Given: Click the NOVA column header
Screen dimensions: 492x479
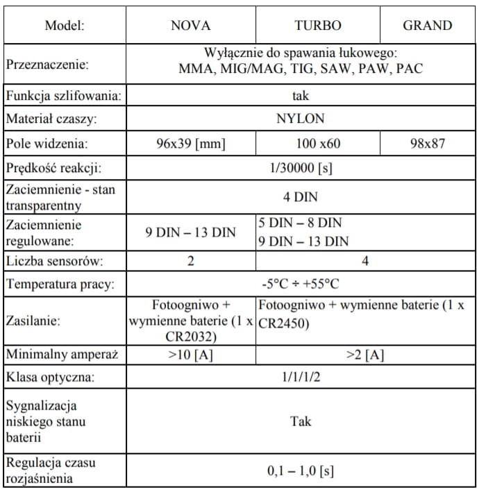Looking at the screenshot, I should pyautogui.click(x=190, y=26).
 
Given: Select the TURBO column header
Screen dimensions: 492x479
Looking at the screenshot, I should pyautogui.click(x=318, y=26).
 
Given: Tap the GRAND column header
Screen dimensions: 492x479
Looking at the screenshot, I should pyautogui.click(x=428, y=26).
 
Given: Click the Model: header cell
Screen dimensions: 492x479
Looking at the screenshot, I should pyautogui.click(x=65, y=26).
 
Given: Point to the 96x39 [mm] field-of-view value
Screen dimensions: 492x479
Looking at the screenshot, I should pyautogui.click(x=190, y=144).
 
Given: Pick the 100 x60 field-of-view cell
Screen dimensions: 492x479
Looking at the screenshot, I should pyautogui.click(x=318, y=144).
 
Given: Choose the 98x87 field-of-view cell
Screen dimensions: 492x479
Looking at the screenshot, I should pyautogui.click(x=428, y=144).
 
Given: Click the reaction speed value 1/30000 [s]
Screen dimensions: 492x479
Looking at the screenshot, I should pyautogui.click(x=300, y=169).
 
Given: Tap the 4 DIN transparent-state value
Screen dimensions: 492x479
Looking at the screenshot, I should pyautogui.click(x=300, y=197).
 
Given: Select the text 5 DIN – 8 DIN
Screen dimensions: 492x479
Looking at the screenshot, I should pyautogui.click(x=300, y=223).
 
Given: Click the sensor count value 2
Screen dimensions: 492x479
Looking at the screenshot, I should pyautogui.click(x=190, y=261).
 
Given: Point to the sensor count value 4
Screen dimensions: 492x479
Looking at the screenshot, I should pyautogui.click(x=365, y=261).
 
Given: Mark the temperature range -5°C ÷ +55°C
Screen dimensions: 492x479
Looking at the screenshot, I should pyautogui.click(x=300, y=284).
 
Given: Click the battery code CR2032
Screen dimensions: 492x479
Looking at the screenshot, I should pyautogui.click(x=190, y=338).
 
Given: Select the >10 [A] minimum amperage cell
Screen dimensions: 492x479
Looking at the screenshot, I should pyautogui.click(x=190, y=355).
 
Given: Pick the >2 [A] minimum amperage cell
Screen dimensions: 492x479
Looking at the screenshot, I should pyautogui.click(x=365, y=355).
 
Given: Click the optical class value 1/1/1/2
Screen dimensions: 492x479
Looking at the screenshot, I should pyautogui.click(x=300, y=378).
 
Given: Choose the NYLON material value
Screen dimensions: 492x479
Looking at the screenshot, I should pyautogui.click(x=300, y=119).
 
